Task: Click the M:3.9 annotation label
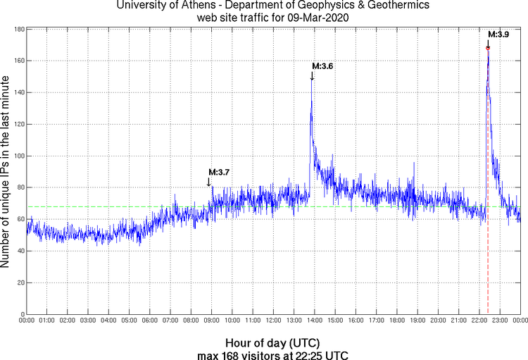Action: click(x=498, y=34)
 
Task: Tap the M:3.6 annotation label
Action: click(x=322, y=66)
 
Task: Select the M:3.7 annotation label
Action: click(x=219, y=172)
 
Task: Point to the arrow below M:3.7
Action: click(x=209, y=182)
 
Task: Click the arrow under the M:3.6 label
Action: click(x=312, y=76)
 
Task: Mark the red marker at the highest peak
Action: click(x=488, y=47)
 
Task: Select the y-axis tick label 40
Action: click(x=20, y=251)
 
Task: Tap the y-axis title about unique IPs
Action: click(x=6, y=172)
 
